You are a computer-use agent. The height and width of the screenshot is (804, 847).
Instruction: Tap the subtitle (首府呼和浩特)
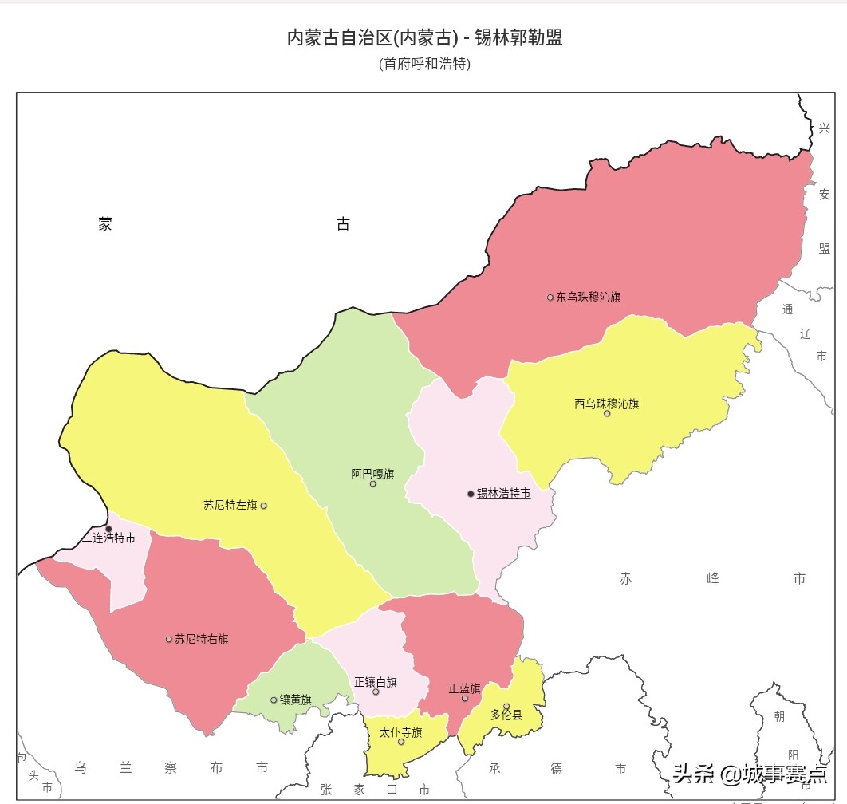424,64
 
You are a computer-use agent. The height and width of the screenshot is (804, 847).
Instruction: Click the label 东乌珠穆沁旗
589,298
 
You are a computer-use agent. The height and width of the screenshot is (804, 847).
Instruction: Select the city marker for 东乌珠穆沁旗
550,298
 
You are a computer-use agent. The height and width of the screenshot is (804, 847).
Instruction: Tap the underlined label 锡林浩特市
503,494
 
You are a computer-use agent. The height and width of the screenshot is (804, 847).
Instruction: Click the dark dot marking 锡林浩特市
471,494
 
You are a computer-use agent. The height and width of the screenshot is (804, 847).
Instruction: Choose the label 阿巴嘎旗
372,474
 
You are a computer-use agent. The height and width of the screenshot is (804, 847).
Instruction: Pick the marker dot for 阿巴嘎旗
372,484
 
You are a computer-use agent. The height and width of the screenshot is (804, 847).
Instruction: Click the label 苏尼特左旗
230,505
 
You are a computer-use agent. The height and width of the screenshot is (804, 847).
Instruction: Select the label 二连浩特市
108,538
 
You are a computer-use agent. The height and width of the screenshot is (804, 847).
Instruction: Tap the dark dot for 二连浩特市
108,528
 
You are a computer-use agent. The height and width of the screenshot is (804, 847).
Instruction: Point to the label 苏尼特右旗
202,639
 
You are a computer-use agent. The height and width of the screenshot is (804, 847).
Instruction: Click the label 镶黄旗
295,700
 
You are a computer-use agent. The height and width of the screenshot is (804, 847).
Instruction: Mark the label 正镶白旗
376,682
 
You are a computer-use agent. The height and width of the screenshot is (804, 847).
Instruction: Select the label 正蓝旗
464,688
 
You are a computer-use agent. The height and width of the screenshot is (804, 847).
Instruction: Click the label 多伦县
506,715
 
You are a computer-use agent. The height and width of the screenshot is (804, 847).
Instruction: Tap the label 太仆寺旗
400,732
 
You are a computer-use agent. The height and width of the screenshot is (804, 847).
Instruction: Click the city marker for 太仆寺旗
401,742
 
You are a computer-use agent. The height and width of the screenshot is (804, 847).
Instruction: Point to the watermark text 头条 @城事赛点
750,774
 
